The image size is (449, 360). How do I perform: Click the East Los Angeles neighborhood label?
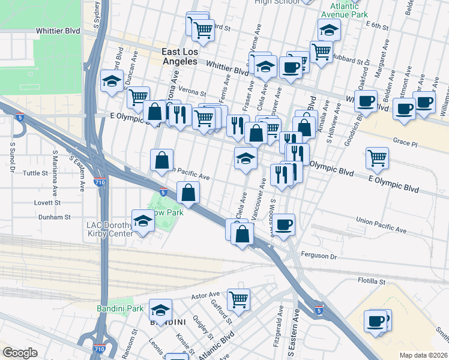coord(179,56)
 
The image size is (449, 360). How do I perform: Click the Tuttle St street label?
coord(35,173)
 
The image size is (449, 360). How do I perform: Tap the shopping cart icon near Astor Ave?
coord(239,298)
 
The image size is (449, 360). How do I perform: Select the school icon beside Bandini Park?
coord(160,310)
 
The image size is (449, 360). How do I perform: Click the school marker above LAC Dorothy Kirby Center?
coord(143,221)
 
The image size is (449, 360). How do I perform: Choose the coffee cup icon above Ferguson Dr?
coord(285,224)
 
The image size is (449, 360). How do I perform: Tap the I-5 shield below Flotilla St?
coord(318,310)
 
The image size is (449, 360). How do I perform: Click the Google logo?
coord(19,353)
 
